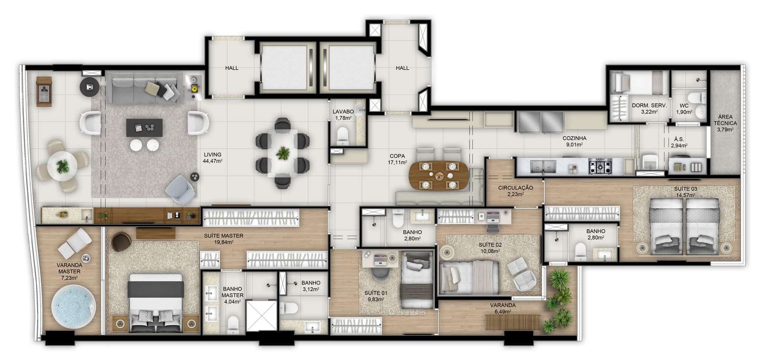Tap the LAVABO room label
tap(343, 112)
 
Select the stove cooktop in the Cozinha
tap(600, 166)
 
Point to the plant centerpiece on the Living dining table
tap(284, 153)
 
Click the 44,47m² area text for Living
tap(212, 161)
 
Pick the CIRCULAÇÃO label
tap(515, 188)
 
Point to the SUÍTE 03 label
tap(685, 189)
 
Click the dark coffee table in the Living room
tap(144, 127)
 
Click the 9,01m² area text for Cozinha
tap(574, 145)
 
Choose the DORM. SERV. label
tap(649, 106)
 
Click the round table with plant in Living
tap(62, 165)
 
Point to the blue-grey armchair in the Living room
tap(181, 189)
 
